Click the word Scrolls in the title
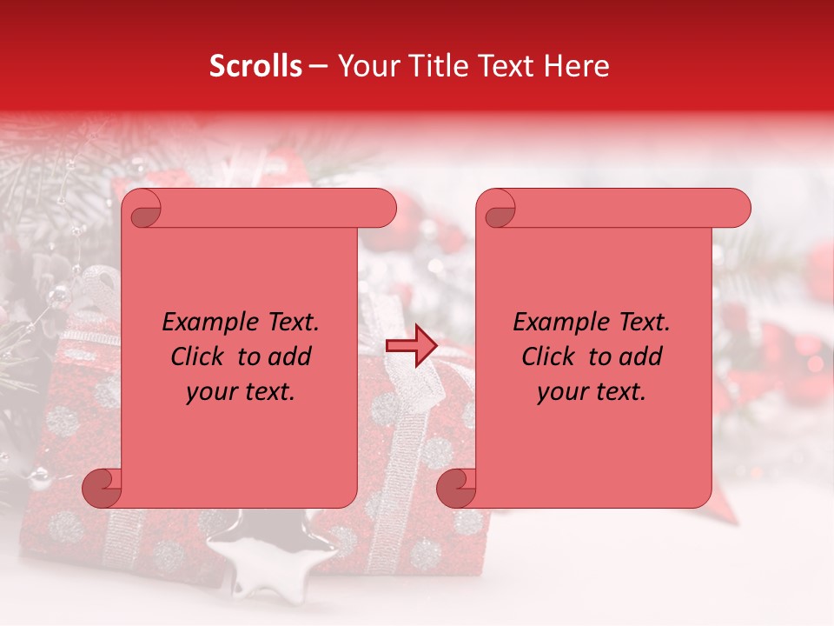point(256,66)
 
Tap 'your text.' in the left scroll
point(240,391)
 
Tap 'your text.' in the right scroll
point(591,391)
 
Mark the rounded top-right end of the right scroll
point(738,209)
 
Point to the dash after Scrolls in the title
point(318,66)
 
